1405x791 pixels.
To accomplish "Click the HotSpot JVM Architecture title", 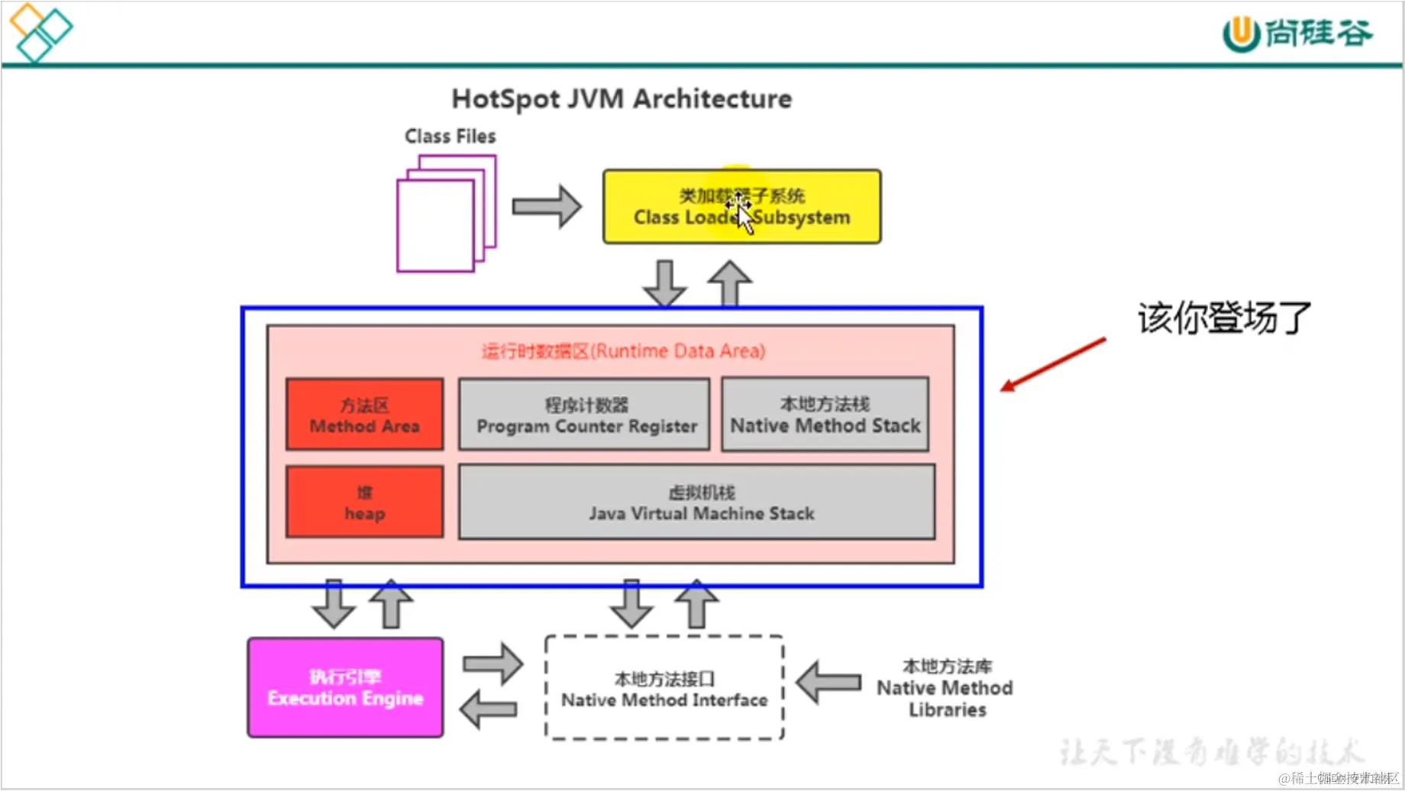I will click(622, 99).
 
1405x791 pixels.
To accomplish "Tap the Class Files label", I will click(450, 137).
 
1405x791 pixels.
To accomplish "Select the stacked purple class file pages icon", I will click(445, 214).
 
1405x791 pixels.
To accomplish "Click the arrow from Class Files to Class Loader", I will click(546, 206).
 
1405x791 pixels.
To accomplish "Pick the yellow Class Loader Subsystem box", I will click(741, 207).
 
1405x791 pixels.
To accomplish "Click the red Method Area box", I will click(364, 415).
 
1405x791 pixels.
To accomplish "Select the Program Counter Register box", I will click(584, 415).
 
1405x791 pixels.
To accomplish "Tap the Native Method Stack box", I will click(825, 415).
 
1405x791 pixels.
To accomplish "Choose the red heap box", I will click(364, 502).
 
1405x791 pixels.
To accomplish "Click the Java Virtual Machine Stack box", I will click(696, 502).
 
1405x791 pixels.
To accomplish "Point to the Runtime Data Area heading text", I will click(623, 351).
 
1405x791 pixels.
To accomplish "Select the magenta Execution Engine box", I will click(345, 688).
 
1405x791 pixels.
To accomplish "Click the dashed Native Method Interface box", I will click(664, 689).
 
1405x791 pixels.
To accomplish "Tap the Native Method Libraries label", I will click(945, 688).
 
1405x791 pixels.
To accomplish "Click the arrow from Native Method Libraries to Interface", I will click(829, 682).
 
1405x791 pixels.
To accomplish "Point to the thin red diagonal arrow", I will click(1054, 364).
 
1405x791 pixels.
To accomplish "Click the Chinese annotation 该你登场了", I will click(1224, 318).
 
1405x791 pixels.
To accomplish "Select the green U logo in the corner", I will click(1241, 34).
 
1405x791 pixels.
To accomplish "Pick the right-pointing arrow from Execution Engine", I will click(493, 663).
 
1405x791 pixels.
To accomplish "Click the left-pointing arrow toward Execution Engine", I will click(489, 709).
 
